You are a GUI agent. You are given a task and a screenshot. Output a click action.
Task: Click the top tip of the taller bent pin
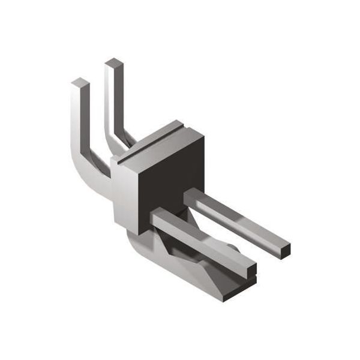[x=113, y=62]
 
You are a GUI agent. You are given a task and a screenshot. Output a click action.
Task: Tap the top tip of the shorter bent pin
[x=79, y=82]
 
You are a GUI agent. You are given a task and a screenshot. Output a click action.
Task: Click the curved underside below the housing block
[x=135, y=243]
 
